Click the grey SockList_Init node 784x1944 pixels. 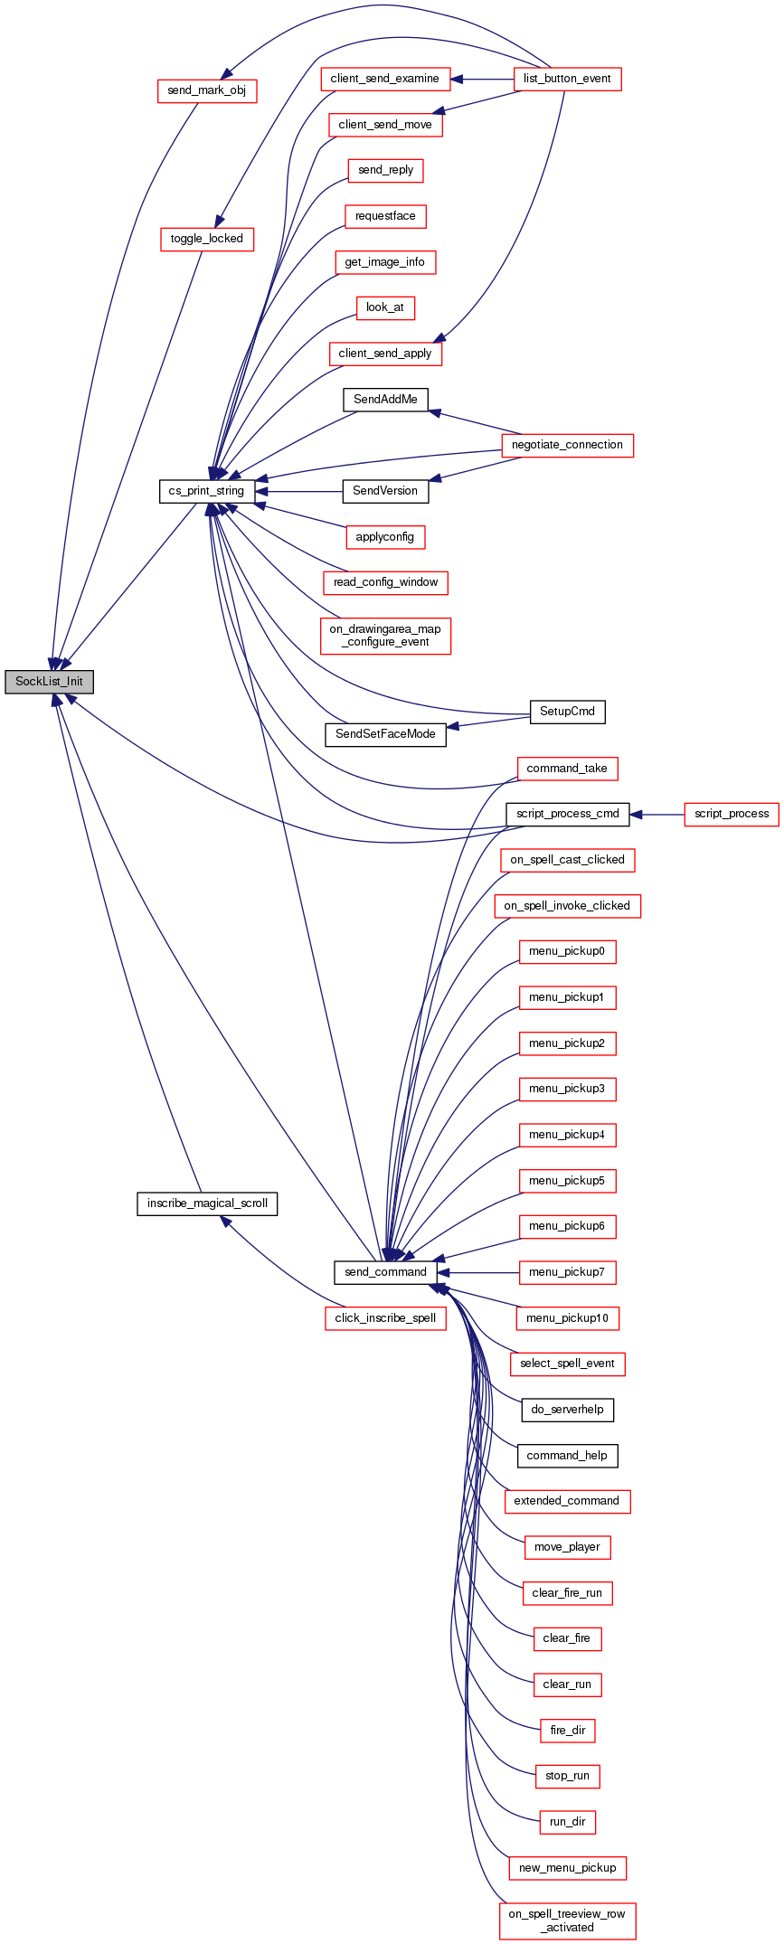click(49, 682)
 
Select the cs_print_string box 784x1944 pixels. click(206, 491)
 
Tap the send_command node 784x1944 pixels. click(385, 1272)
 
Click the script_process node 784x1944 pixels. click(731, 814)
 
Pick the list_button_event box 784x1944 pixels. click(567, 79)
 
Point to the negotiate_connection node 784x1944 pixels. click(567, 445)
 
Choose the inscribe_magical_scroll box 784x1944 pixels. click(207, 1203)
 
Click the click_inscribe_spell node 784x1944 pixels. click(385, 1318)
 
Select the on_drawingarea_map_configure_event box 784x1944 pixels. click(385, 636)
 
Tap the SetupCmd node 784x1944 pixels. click(567, 712)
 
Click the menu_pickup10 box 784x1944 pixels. click(567, 1318)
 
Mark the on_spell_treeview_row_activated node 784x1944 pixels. click(567, 1920)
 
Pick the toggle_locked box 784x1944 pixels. click(207, 239)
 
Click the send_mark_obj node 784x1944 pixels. click(207, 90)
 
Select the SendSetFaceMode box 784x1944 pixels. click(385, 734)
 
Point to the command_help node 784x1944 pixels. click(567, 1456)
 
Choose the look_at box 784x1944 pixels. click(385, 307)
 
